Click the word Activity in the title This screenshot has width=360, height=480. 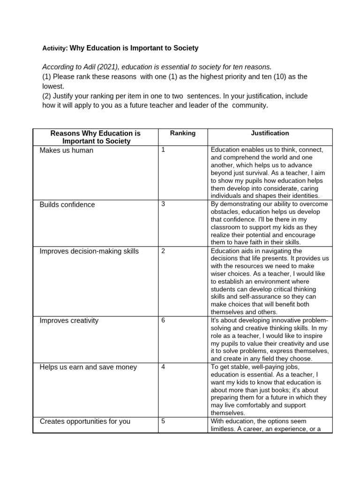pyautogui.click(x=54, y=48)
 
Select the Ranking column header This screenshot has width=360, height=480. pyautogui.click(x=182, y=133)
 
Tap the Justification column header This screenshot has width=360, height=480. pyautogui.click(x=270, y=133)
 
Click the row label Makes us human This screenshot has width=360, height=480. pyautogui.click(x=67, y=150)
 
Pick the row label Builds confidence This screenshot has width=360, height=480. pyautogui.click(x=67, y=205)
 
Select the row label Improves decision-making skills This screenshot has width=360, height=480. pyautogui.click(x=89, y=251)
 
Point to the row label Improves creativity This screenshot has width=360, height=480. pyautogui.click(x=69, y=321)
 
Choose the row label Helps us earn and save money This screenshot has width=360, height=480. pyautogui.click(x=88, y=367)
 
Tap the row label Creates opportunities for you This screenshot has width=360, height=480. pyautogui.click(x=85, y=421)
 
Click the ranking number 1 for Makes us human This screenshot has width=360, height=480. pyautogui.click(x=163, y=150)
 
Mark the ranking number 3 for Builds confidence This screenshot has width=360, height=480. pyautogui.click(x=163, y=204)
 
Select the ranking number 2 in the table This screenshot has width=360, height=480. pyautogui.click(x=163, y=251)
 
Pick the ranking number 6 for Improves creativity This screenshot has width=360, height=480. pyautogui.click(x=163, y=320)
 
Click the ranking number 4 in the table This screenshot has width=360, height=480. pyautogui.click(x=163, y=367)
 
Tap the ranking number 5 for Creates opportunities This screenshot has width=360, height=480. pyautogui.click(x=163, y=421)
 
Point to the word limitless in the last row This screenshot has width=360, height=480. pyautogui.click(x=223, y=429)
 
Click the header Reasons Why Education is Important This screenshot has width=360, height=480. pyautogui.click(x=96, y=137)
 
